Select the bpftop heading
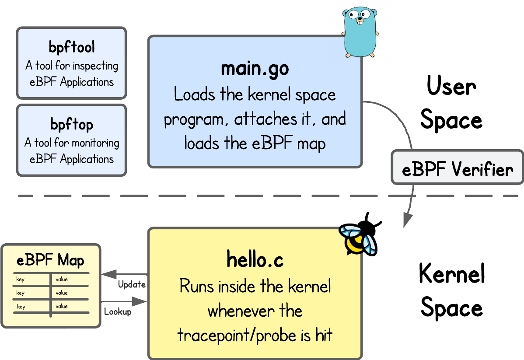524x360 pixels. click(x=72, y=125)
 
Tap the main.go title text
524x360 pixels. click(x=255, y=69)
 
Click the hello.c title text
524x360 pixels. click(x=255, y=260)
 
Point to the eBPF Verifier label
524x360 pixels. click(x=458, y=169)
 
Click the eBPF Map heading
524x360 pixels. click(x=50, y=260)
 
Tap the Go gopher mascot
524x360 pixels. click(x=360, y=31)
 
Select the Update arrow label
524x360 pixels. click(x=132, y=284)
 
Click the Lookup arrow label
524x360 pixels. click(x=118, y=312)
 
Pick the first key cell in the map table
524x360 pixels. click(x=21, y=280)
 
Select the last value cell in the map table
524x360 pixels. click(x=62, y=306)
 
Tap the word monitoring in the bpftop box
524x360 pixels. click(x=95, y=143)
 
